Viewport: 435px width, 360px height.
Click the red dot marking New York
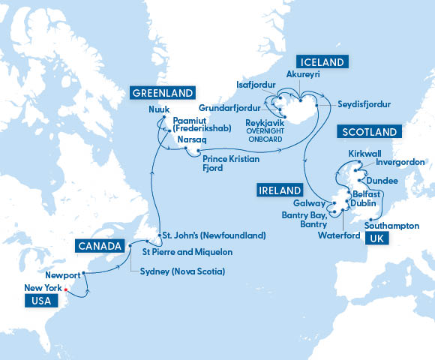(x=66, y=289)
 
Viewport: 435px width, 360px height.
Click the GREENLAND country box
(x=163, y=94)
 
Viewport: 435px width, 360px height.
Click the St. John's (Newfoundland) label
(x=214, y=235)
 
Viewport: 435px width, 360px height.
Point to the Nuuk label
(x=158, y=109)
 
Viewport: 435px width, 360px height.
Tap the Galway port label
(x=310, y=202)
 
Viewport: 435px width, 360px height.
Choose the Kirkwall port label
(x=365, y=152)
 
